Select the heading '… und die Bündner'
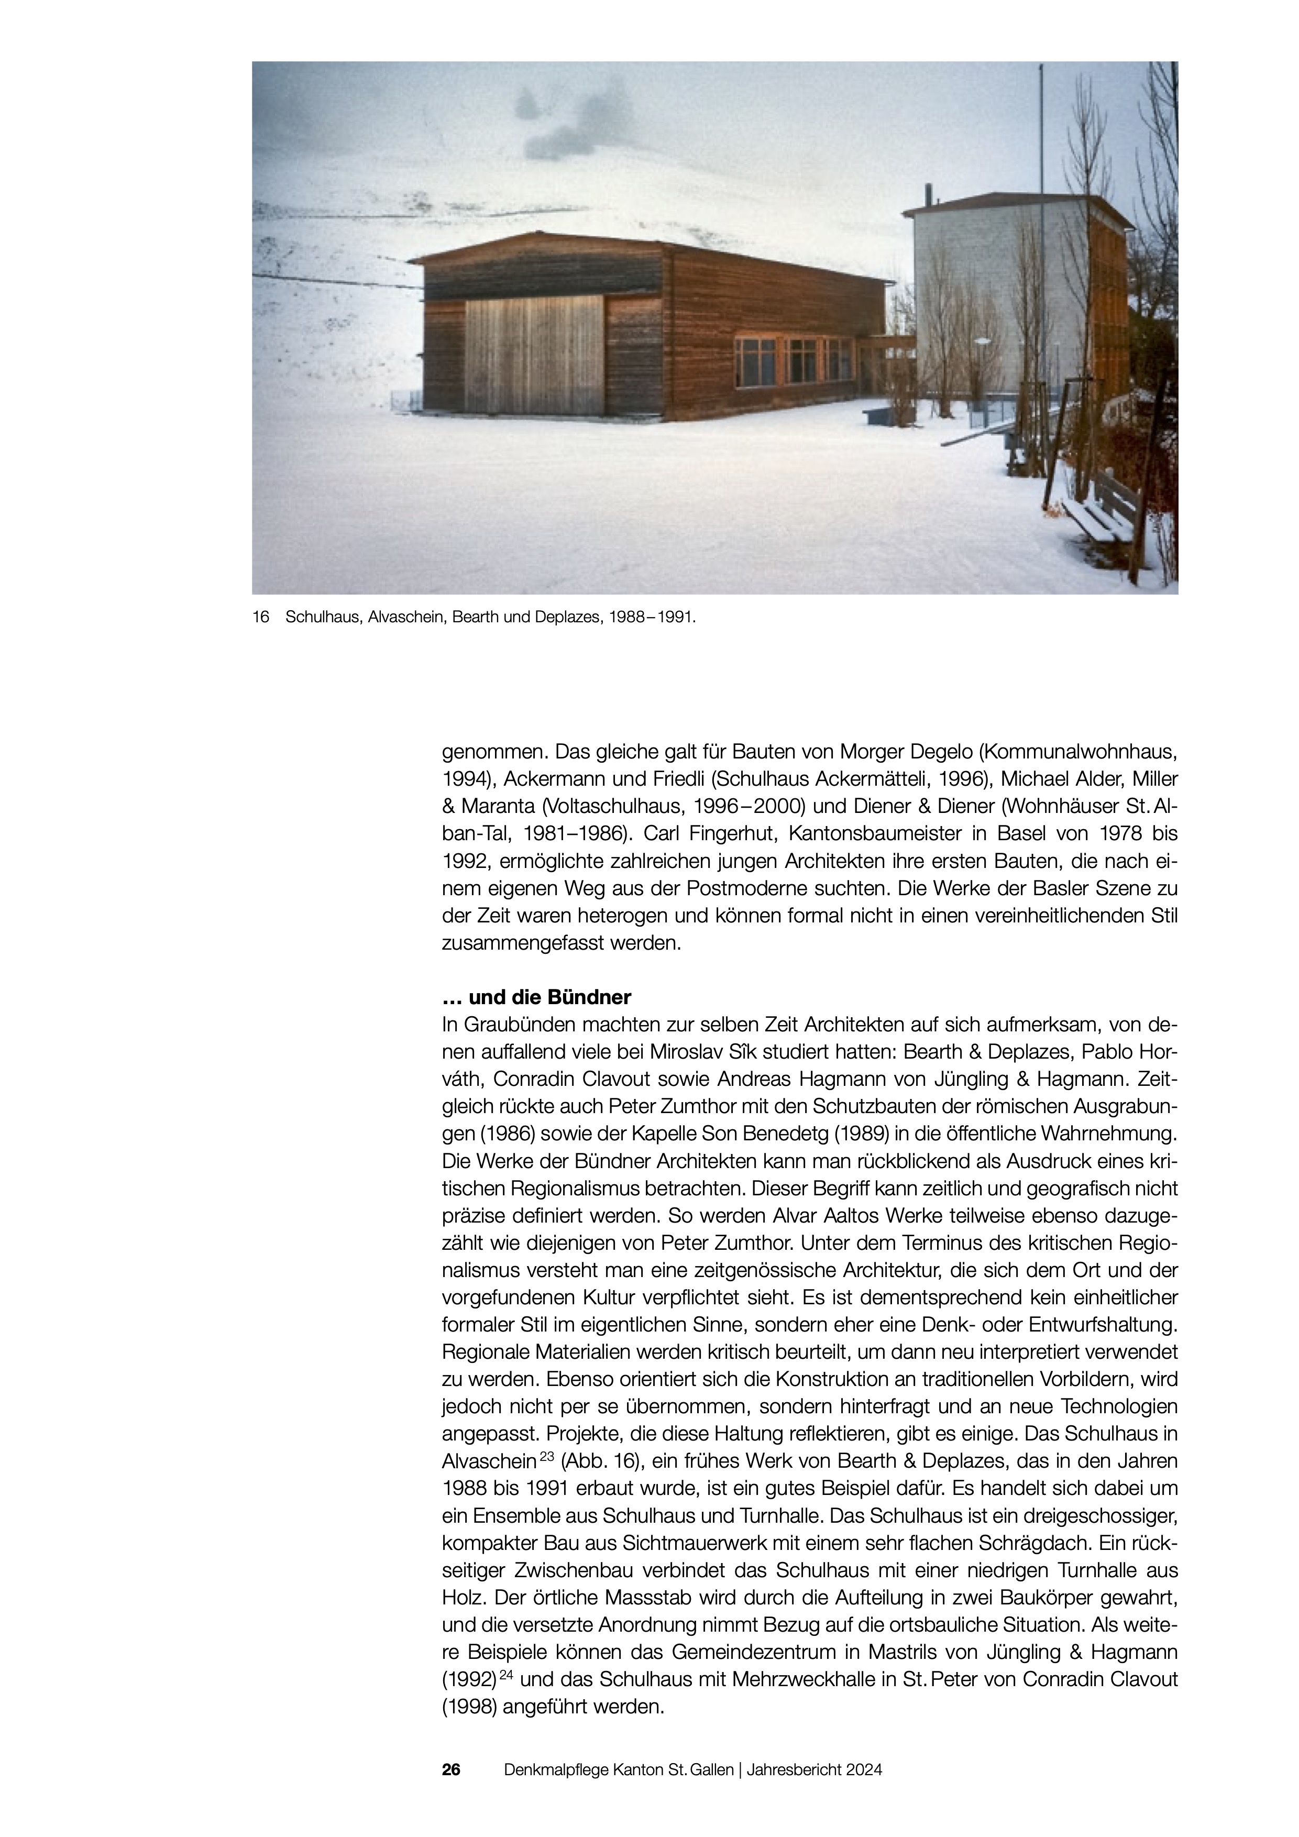pyautogui.click(x=537, y=998)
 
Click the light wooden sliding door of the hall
pyautogui.click(x=534, y=356)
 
